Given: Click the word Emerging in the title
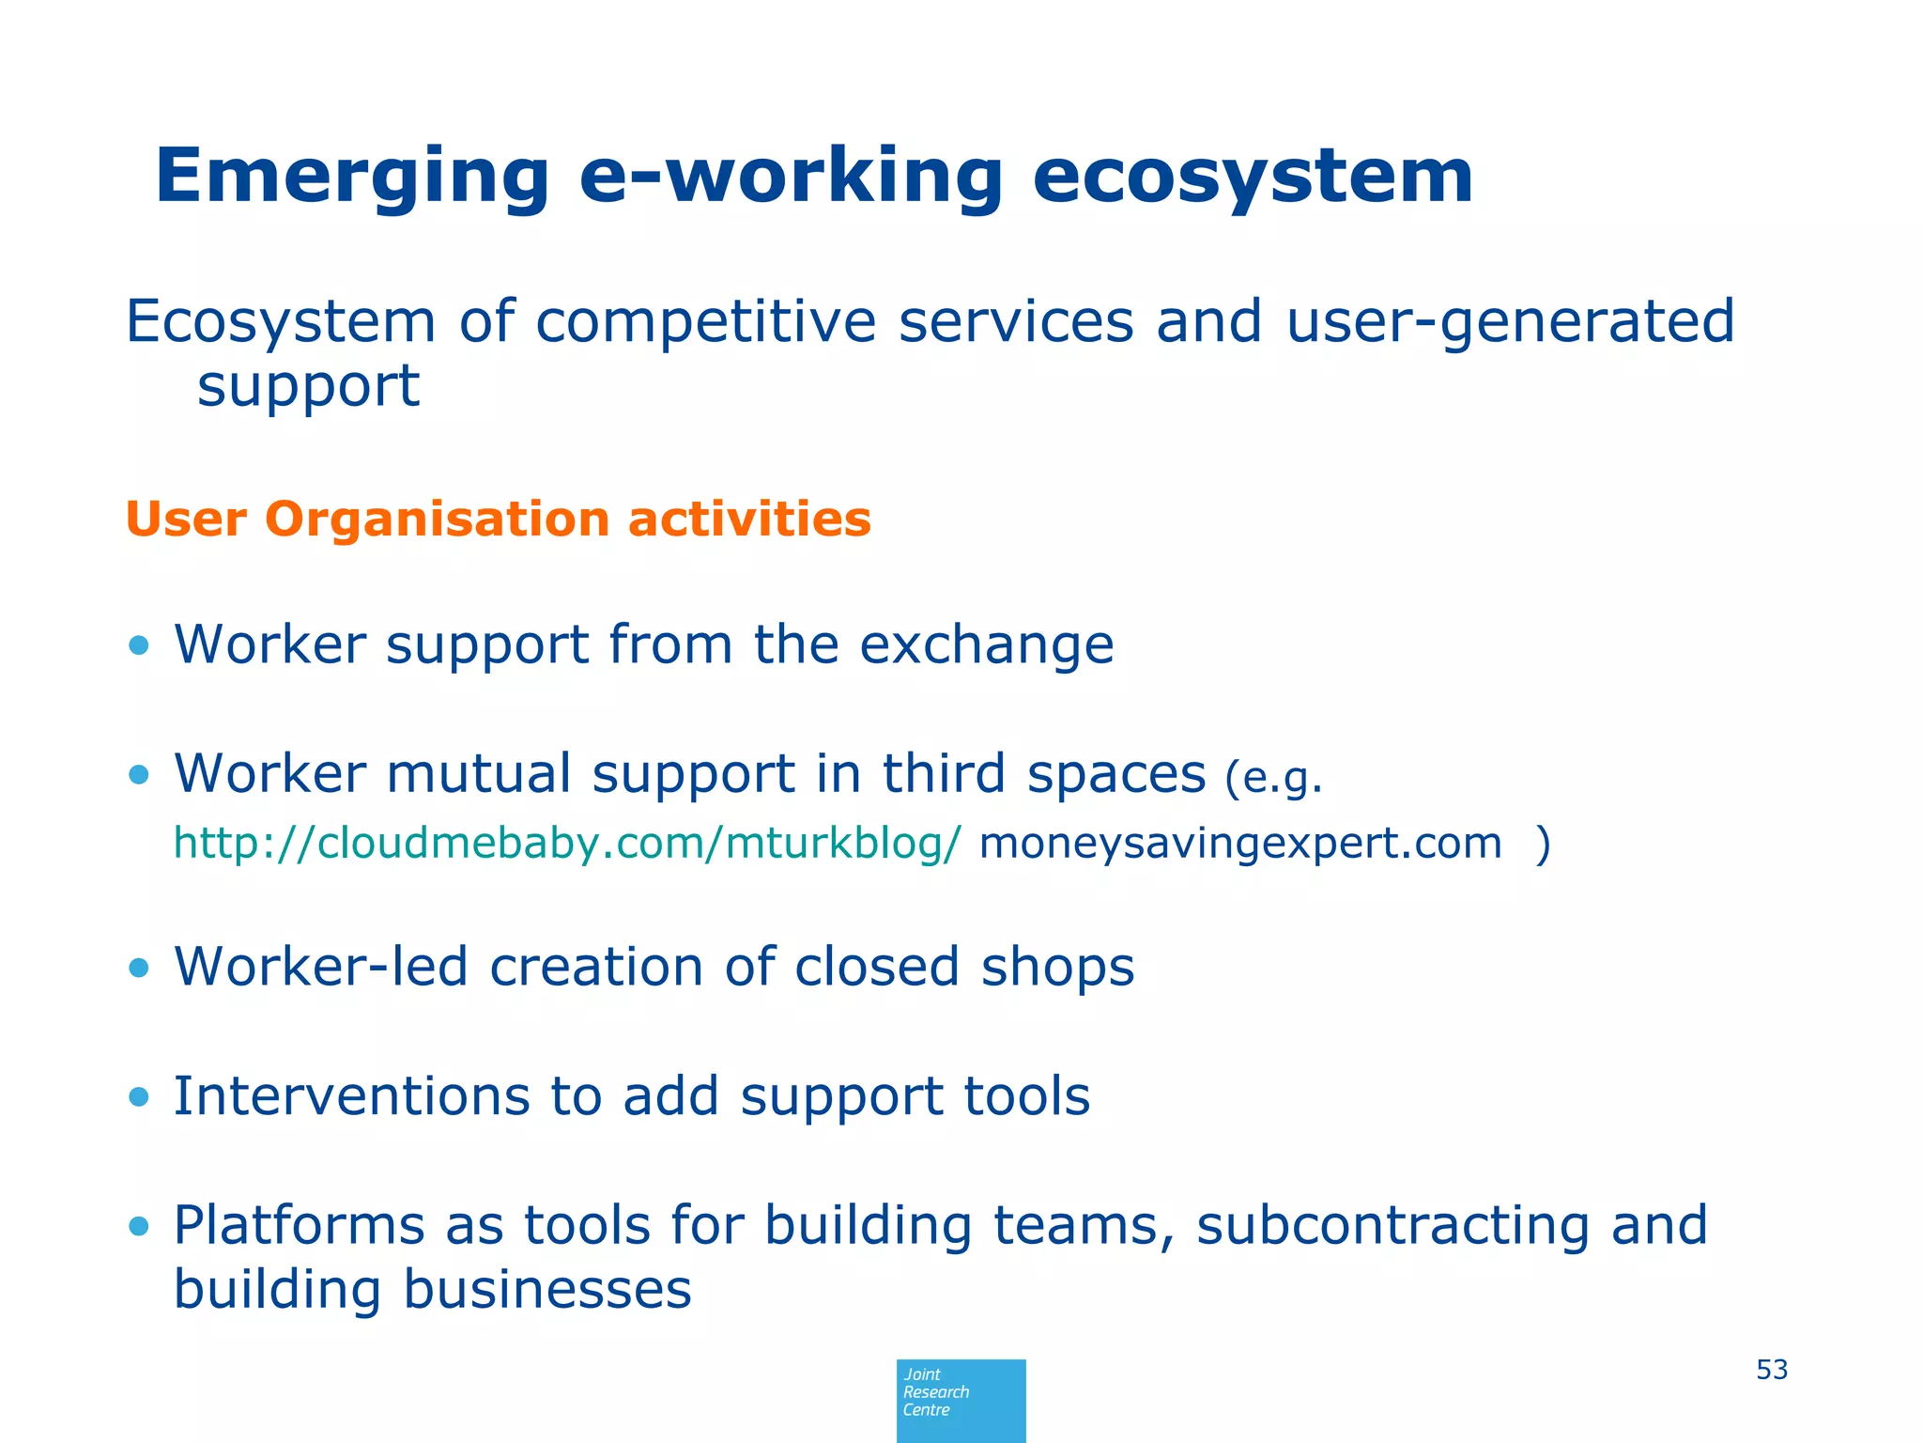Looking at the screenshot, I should [x=352, y=177].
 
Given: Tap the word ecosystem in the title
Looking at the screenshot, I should [x=1253, y=177].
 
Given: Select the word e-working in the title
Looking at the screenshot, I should [x=791, y=177].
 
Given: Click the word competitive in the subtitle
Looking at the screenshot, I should [x=705, y=321].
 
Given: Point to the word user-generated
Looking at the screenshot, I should [x=1510, y=321].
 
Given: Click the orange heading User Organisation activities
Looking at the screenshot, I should [x=498, y=520].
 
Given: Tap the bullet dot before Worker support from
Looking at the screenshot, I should [x=139, y=645].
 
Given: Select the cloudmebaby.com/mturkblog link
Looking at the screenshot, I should [x=567, y=843].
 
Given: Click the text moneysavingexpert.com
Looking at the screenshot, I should [x=1239, y=843].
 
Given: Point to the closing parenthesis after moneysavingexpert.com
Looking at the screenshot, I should [x=1543, y=843].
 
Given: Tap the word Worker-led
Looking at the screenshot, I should [x=320, y=967].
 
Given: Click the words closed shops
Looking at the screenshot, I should [x=963, y=967].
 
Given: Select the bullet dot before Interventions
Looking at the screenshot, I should [x=139, y=1096].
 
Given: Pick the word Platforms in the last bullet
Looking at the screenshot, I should [x=300, y=1226].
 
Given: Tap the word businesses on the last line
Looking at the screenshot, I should [x=546, y=1289].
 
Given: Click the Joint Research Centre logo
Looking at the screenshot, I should [x=961, y=1400].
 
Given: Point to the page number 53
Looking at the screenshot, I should [x=1771, y=1370].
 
